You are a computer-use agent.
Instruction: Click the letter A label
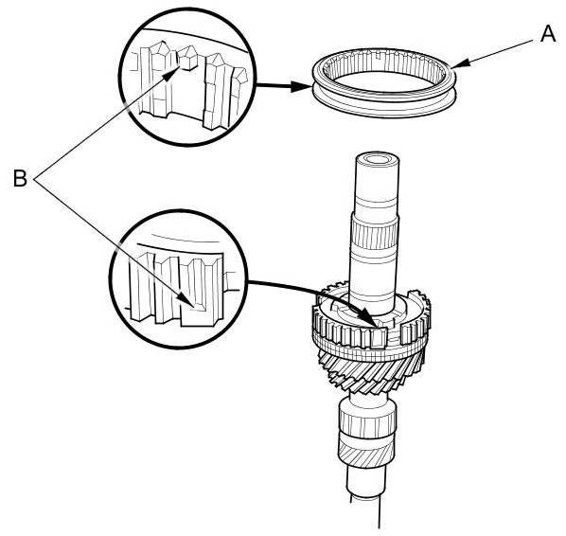pos(548,34)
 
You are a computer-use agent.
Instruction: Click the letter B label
pos(20,178)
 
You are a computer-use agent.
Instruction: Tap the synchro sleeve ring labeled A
pos(384,82)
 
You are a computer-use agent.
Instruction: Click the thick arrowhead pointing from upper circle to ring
pos(301,87)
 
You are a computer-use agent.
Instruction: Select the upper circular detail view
pos(187,78)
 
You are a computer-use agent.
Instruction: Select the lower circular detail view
pos(179,279)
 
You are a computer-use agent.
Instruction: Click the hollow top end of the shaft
pos(377,159)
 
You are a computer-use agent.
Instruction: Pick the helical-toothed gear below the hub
pos(369,373)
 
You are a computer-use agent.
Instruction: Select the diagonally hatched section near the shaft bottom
pos(364,456)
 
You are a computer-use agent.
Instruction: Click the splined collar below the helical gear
pos(367,420)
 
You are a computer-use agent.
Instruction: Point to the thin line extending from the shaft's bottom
pos(379,513)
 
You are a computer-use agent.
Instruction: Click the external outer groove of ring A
pos(384,102)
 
